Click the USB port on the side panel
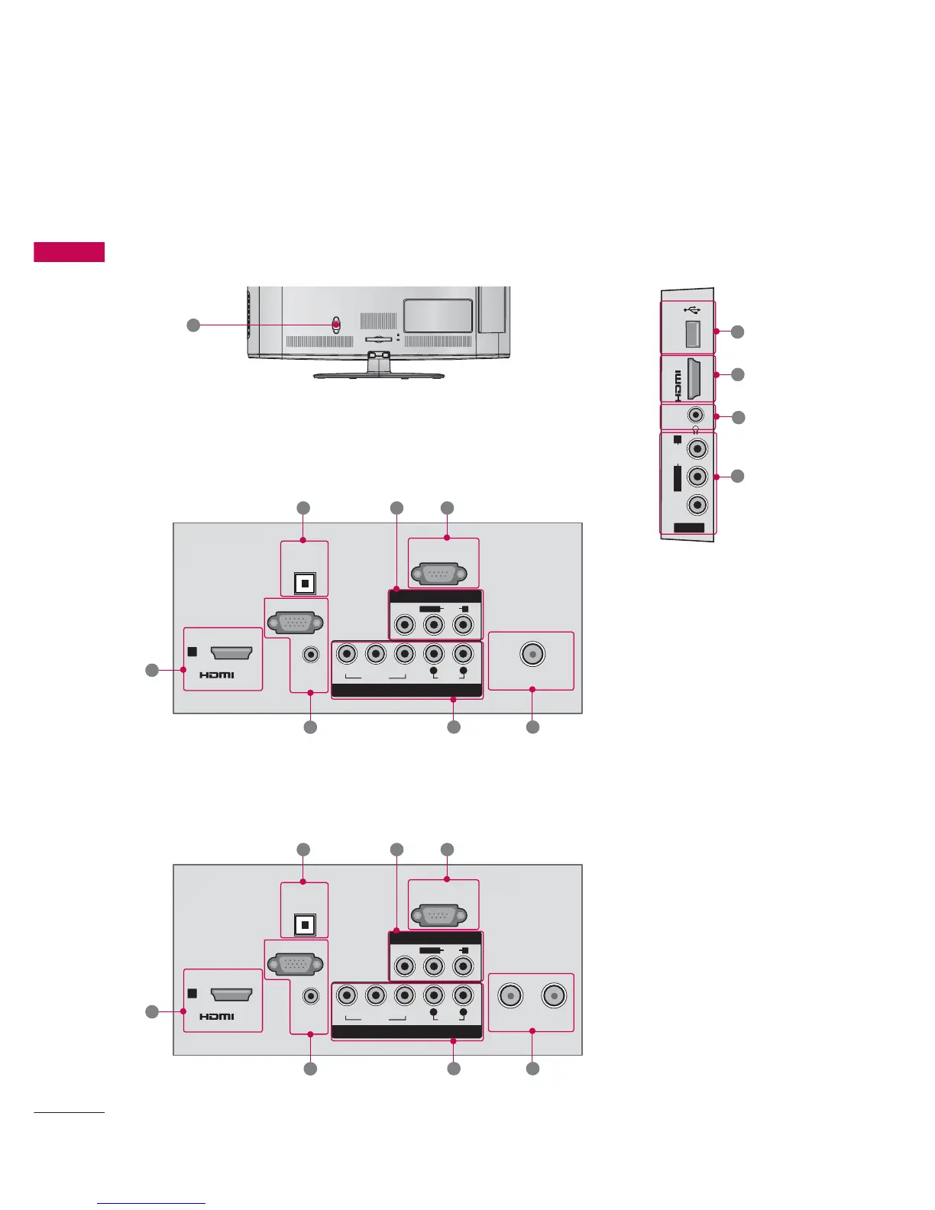[693, 335]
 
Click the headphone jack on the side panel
[696, 415]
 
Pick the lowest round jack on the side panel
[697, 505]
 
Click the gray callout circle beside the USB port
[737, 332]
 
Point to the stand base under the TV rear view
[379, 375]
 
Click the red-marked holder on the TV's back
[336, 324]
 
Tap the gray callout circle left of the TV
[193, 325]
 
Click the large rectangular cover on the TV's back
[438, 315]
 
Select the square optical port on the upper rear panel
[305, 584]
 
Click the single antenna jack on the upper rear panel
[532, 655]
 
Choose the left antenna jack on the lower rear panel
[510, 996]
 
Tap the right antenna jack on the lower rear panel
[553, 996]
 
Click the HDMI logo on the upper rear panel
[217, 675]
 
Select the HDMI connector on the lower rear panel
[231, 994]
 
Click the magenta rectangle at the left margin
[69, 252]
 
